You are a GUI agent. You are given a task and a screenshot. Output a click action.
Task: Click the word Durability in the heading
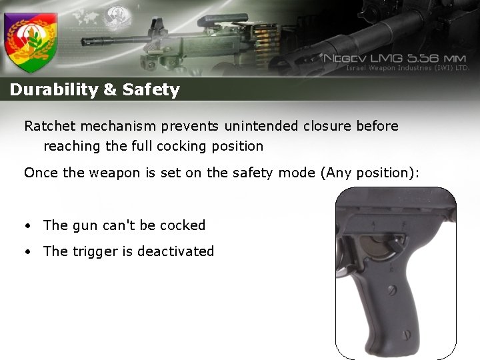click(x=54, y=90)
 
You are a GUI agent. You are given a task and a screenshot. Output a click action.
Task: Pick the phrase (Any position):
click(x=370, y=173)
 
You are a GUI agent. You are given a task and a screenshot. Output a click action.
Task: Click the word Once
click(x=41, y=173)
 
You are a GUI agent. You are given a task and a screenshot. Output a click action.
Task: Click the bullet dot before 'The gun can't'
click(x=28, y=226)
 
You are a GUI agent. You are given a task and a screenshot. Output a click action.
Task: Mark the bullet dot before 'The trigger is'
click(x=28, y=252)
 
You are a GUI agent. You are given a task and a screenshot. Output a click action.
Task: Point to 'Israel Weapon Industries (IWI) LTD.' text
click(x=408, y=68)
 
